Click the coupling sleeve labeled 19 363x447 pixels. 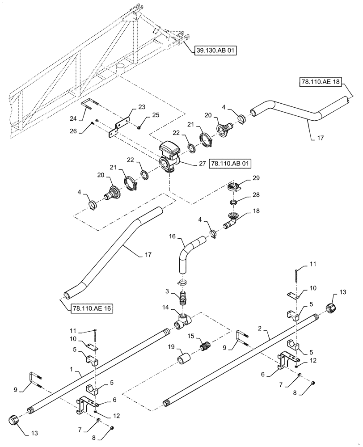pos(184,359)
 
